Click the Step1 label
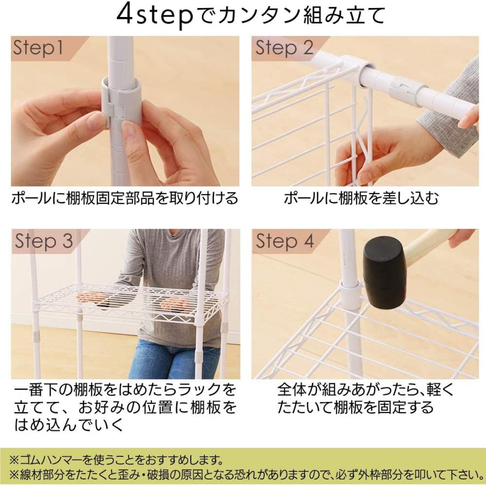point(38,48)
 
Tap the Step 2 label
point(284,48)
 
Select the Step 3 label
point(44,241)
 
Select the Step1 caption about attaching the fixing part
point(124,198)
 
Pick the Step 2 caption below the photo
point(361,198)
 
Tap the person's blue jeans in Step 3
point(174,358)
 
